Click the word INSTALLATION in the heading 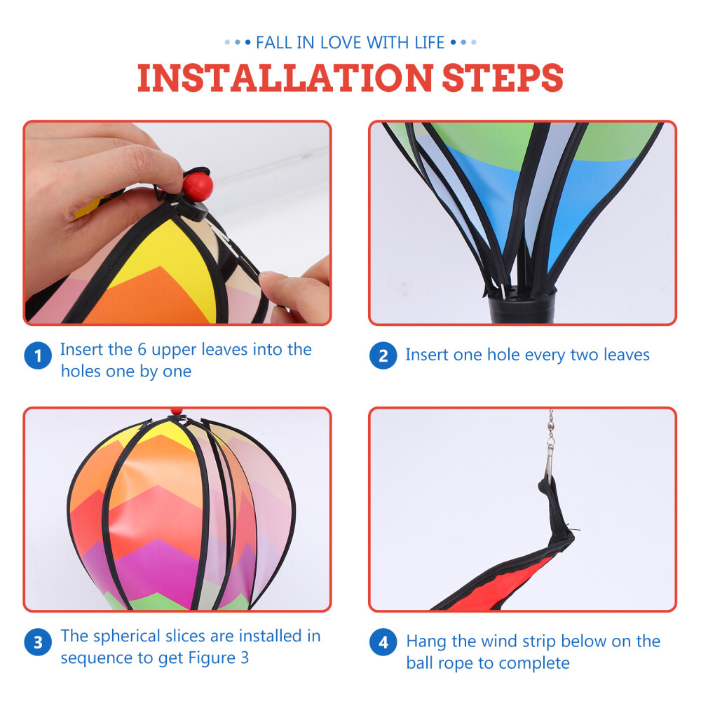[x=285, y=78]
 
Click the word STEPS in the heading [x=503, y=78]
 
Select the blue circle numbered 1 [x=38, y=356]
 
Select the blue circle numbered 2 [x=383, y=356]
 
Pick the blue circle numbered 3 [x=38, y=642]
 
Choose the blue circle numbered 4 [x=383, y=642]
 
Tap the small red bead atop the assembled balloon [x=175, y=411]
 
